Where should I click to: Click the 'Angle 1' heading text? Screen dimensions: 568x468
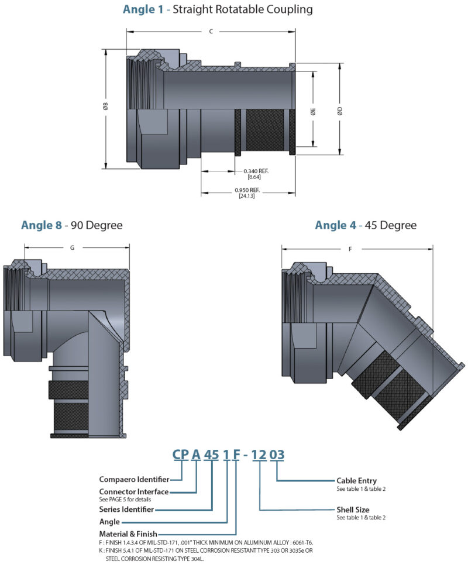tap(143, 9)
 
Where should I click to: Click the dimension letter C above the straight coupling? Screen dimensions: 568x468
tap(211, 31)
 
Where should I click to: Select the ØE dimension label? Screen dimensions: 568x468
tap(314, 111)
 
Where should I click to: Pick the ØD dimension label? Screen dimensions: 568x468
tap(339, 111)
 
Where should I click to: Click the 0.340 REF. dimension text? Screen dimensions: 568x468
tap(255, 171)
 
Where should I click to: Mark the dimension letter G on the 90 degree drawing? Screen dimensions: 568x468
tap(72, 247)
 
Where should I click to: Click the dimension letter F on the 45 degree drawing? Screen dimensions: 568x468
tap(350, 249)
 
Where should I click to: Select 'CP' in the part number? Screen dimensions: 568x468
tap(181, 454)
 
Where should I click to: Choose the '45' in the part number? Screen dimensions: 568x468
tap(209, 454)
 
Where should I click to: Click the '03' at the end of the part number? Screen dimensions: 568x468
tap(277, 454)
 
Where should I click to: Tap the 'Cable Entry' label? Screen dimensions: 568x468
tap(356, 481)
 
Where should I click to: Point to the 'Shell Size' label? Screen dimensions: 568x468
tap(353, 510)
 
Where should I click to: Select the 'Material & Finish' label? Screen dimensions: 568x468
tap(129, 533)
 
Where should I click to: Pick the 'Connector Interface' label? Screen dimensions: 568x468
tap(134, 492)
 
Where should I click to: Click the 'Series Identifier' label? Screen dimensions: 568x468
tap(126, 509)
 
